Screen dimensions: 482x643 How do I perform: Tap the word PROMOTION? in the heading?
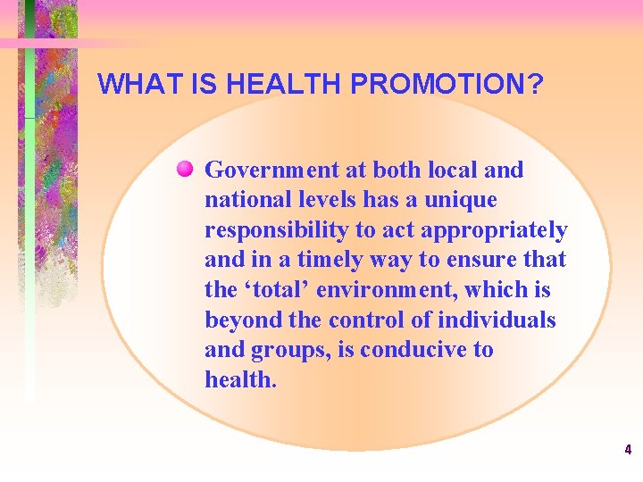pos(447,84)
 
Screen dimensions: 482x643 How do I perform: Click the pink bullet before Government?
pos(185,169)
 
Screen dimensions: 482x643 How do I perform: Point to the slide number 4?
pos(628,450)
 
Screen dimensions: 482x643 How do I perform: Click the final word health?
pos(241,379)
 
